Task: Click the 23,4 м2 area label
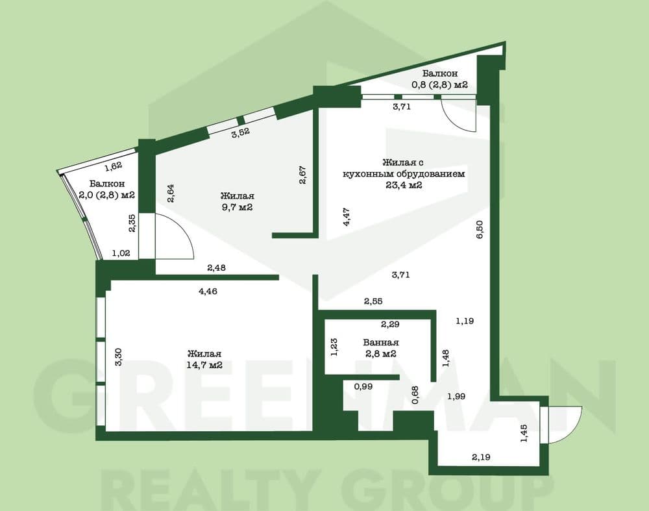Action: click(x=404, y=185)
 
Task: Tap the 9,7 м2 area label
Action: click(x=237, y=207)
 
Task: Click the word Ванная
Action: click(x=381, y=342)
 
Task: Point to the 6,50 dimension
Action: click(x=480, y=231)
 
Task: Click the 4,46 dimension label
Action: click(x=207, y=291)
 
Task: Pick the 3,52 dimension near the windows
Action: click(x=241, y=132)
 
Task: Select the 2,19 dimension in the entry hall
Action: click(x=482, y=457)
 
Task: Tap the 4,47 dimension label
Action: click(x=347, y=216)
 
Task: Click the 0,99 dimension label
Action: click(x=363, y=386)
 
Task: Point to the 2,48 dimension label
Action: click(x=217, y=267)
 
